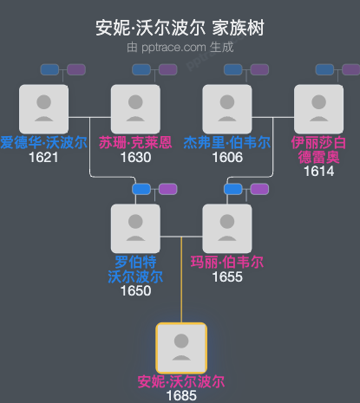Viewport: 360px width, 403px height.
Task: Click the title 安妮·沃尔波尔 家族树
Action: point(180,29)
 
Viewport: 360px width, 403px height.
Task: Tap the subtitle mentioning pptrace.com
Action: point(180,47)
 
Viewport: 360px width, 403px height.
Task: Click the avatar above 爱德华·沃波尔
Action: point(43,108)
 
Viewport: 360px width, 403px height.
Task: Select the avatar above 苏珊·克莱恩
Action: point(135,108)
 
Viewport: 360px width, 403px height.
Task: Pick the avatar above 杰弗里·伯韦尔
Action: point(226,108)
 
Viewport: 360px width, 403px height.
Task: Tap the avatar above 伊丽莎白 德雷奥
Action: point(318,108)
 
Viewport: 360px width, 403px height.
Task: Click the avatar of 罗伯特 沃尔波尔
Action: point(135,228)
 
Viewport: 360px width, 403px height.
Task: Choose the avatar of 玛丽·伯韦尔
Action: point(226,228)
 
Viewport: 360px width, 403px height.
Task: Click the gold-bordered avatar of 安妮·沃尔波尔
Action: point(180,348)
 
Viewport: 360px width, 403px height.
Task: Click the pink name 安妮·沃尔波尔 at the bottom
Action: point(180,381)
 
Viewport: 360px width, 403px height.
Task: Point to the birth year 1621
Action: point(43,158)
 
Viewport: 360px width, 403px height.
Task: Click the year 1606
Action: point(226,158)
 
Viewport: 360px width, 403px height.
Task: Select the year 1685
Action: point(180,396)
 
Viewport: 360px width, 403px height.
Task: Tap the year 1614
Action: point(318,172)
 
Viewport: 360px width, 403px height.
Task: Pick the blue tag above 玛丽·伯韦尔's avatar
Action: point(233,189)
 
